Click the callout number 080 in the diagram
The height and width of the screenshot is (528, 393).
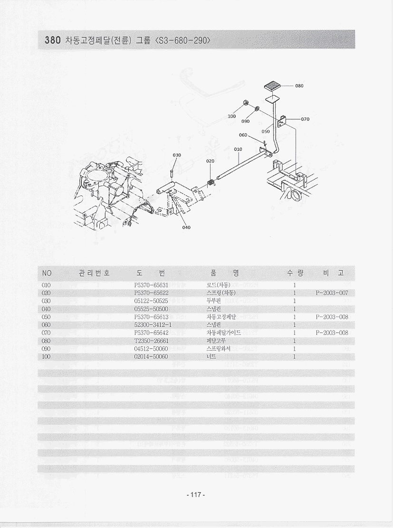point(299,86)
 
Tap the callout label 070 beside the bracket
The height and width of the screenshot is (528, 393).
point(305,119)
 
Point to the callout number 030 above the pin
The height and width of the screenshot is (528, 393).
point(177,155)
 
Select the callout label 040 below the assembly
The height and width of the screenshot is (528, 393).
point(186,227)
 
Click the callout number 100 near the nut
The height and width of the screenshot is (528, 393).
point(232,116)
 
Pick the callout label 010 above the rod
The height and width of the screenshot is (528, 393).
point(238,149)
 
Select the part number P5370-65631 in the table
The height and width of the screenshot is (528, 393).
point(152,285)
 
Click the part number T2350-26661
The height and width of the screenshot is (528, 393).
point(152,341)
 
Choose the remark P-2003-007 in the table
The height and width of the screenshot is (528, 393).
point(332,293)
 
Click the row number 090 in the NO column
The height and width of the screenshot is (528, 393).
point(47,349)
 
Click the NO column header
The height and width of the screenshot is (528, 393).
point(47,273)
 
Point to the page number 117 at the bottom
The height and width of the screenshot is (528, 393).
point(196,495)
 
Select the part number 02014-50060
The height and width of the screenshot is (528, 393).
point(152,357)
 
